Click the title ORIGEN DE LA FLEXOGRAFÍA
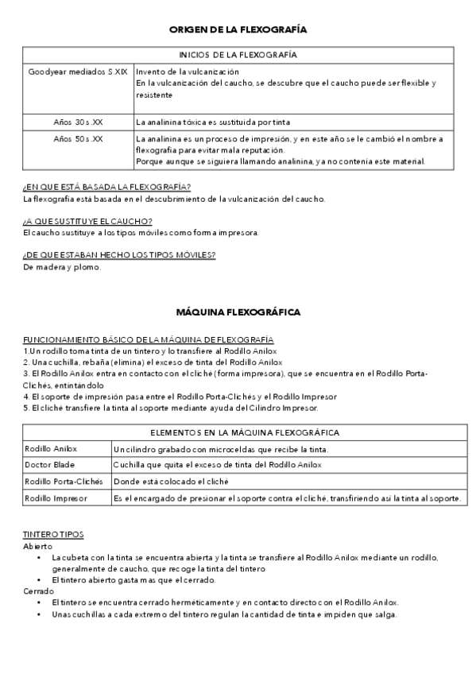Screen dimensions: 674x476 click(x=238, y=29)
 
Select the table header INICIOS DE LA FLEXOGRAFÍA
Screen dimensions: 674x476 click(x=238, y=55)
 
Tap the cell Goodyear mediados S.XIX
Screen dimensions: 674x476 click(x=78, y=72)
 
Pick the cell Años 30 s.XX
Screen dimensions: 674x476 click(x=78, y=122)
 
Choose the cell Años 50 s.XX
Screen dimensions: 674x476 click(x=78, y=139)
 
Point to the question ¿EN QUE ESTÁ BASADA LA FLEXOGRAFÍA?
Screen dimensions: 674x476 click(x=106, y=188)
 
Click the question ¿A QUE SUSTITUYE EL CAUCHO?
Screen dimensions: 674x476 click(x=87, y=221)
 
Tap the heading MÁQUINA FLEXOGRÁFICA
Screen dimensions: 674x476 click(x=238, y=312)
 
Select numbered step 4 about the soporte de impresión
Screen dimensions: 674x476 click(x=180, y=396)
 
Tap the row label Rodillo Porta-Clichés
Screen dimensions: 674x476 click(x=64, y=481)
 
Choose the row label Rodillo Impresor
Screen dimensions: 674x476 click(x=56, y=498)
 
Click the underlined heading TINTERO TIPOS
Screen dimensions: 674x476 click(x=53, y=535)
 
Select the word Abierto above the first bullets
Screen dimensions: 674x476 click(x=38, y=547)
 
